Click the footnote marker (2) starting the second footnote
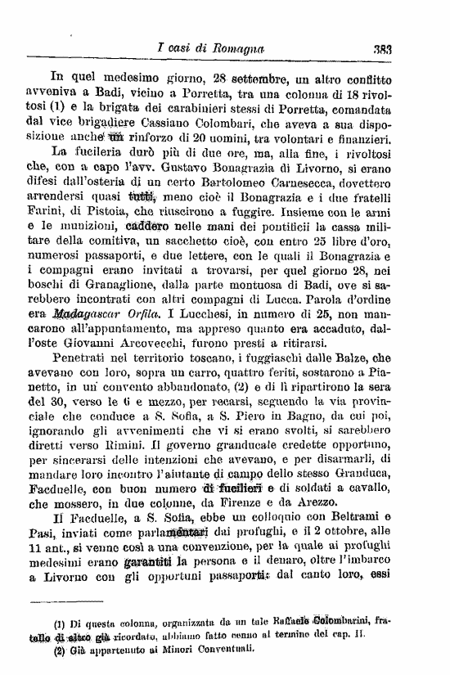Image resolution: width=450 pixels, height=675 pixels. tap(60, 652)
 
